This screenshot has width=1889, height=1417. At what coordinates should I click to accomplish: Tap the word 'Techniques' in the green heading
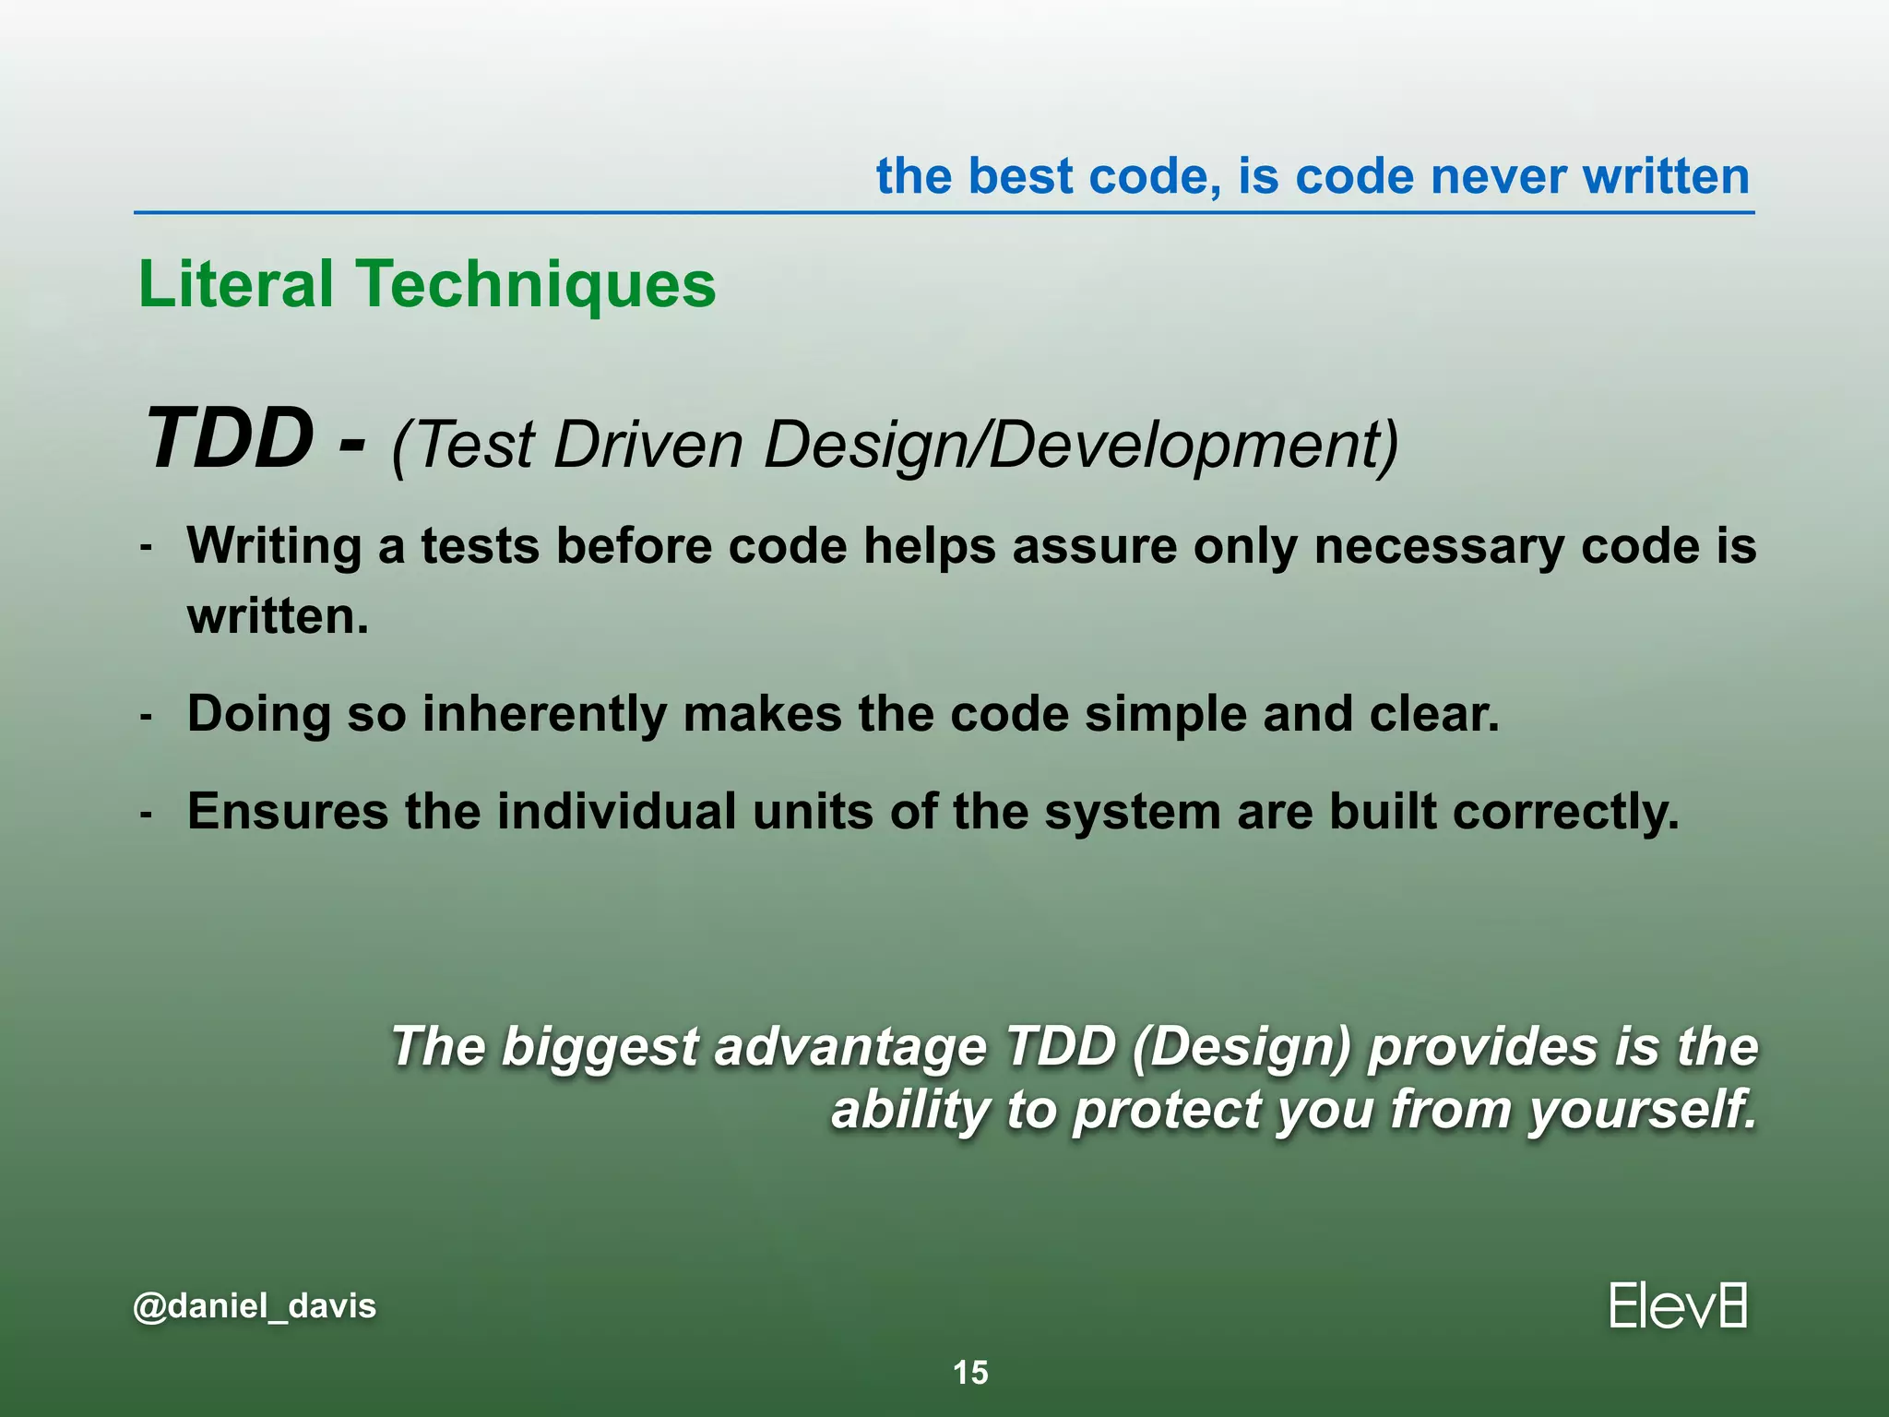537,285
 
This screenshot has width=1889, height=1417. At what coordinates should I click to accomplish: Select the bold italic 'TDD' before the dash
230,439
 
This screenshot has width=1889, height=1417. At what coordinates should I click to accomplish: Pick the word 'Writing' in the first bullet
274,546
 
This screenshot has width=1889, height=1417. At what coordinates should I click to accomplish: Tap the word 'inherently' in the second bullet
544,714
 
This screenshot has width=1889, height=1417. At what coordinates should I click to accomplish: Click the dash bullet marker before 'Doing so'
146,716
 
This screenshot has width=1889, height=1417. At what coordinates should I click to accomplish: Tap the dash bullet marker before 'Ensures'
146,814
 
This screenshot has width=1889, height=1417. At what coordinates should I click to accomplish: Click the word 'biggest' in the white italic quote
600,1048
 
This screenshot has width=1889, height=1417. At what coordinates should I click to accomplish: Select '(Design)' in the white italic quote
1241,1048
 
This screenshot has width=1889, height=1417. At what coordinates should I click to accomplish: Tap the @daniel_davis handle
255,1306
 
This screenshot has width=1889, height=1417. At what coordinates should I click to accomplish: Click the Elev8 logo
1678,1306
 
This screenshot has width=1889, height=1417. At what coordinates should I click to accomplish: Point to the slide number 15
970,1373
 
